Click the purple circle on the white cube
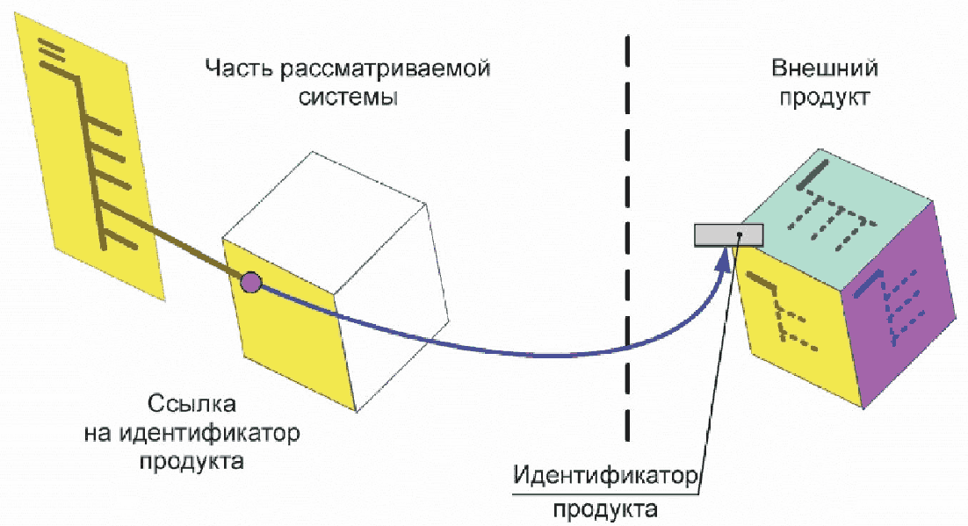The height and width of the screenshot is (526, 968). click(250, 282)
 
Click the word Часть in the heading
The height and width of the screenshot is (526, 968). click(231, 68)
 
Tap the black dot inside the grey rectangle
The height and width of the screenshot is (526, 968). click(740, 234)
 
